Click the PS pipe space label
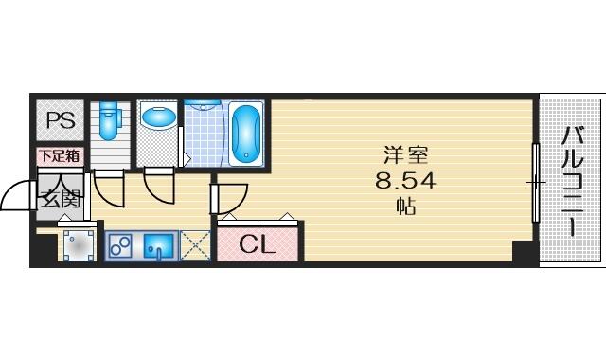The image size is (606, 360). (61, 120)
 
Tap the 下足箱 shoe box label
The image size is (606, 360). (60, 155)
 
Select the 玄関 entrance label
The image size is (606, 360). (61, 199)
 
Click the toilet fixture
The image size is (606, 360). (108, 120)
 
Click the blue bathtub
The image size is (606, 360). (246, 134)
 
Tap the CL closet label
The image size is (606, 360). (258, 244)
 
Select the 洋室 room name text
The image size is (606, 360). (405, 154)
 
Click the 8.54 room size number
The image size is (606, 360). (405, 181)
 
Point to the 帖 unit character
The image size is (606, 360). (406, 207)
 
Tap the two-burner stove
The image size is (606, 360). (119, 245)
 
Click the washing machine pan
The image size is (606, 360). (79, 246)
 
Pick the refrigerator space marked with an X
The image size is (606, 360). (195, 245)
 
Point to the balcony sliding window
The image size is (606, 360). (536, 182)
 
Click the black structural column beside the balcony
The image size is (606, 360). (525, 252)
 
